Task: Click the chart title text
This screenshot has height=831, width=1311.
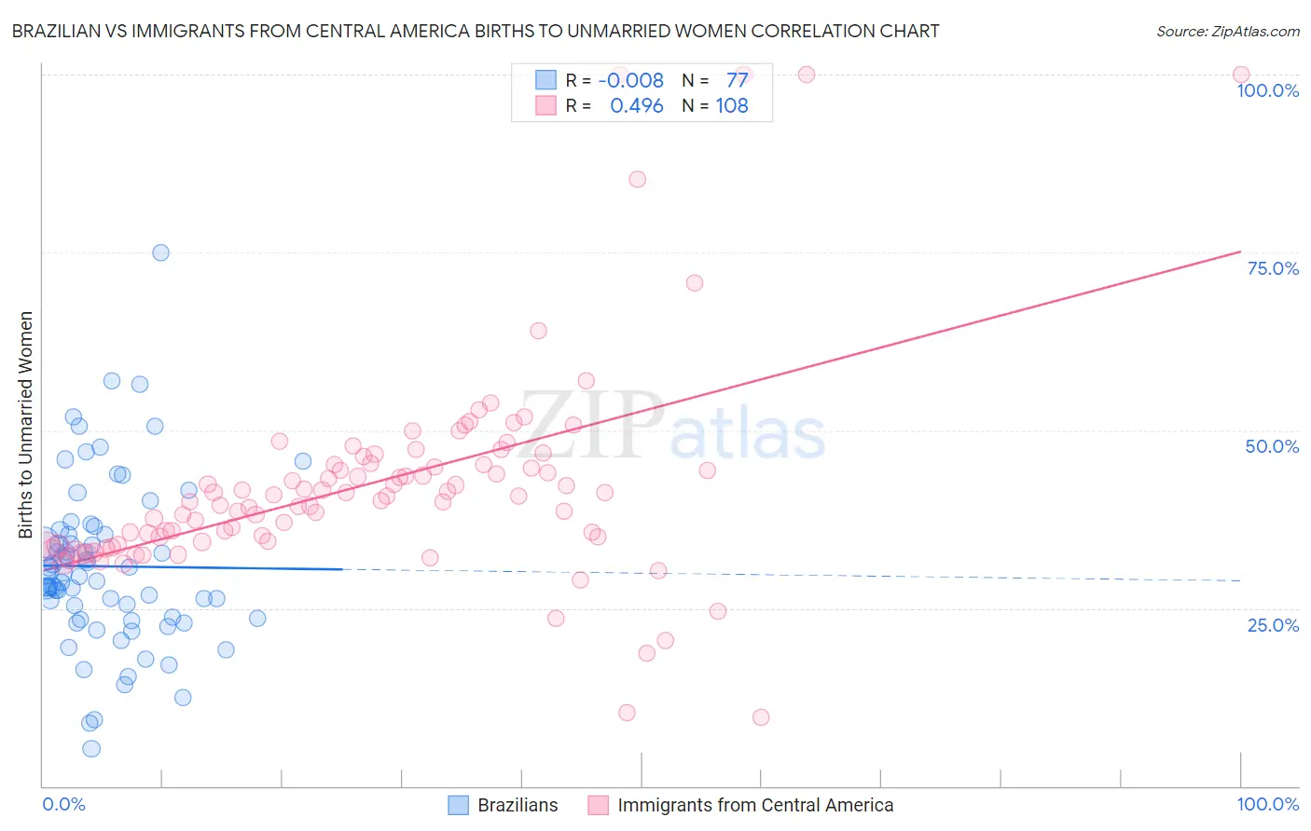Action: [x=476, y=31]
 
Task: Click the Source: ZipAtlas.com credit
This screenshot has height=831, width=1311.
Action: [x=1227, y=31]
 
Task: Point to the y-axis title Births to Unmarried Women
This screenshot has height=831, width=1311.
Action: [x=25, y=425]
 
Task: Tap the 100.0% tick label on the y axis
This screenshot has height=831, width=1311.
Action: [x=1267, y=90]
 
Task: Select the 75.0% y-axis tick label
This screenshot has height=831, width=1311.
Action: [x=1273, y=268]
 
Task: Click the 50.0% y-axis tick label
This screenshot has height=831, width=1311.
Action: [x=1272, y=446]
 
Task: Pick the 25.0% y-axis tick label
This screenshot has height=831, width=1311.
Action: [x=1273, y=625]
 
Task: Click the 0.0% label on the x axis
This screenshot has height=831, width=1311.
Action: [x=63, y=804]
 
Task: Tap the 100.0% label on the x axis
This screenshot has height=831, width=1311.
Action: [x=1267, y=804]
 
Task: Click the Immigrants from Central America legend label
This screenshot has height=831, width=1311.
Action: [x=755, y=805]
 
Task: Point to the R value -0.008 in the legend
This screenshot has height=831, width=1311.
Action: [x=631, y=80]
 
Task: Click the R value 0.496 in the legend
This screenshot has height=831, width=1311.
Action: [x=637, y=106]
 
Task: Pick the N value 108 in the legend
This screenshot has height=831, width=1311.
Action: [x=732, y=106]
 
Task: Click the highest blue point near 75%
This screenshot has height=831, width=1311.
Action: [x=160, y=252]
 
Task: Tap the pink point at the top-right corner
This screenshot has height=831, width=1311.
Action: [x=1240, y=75]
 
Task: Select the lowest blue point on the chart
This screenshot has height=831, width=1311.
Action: [x=91, y=748]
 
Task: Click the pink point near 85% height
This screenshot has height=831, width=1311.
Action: [x=637, y=179]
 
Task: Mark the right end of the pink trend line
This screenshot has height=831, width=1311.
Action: [x=1240, y=252]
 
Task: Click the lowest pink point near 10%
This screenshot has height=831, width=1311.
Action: [x=761, y=717]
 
